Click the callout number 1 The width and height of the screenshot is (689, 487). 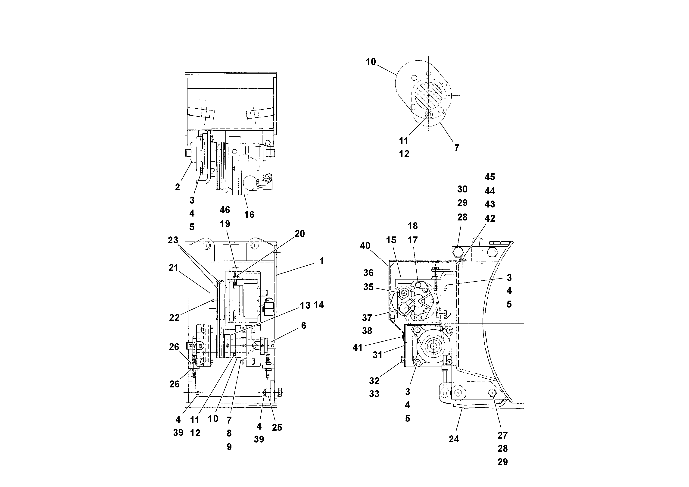pyautogui.click(x=321, y=261)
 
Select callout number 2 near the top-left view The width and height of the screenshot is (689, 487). pyautogui.click(x=177, y=187)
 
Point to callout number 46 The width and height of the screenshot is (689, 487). pyautogui.click(x=225, y=210)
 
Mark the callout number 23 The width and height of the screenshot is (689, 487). pyautogui.click(x=173, y=240)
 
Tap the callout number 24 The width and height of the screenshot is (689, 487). pyautogui.click(x=454, y=439)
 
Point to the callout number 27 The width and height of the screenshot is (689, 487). pyautogui.click(x=502, y=435)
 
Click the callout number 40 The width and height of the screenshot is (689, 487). pyautogui.click(x=365, y=246)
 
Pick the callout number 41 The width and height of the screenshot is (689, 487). pyautogui.click(x=357, y=347)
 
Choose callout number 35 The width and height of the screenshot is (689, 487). pyautogui.click(x=368, y=287)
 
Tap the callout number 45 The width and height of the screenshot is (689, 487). pyautogui.click(x=490, y=177)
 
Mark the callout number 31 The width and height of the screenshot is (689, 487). pyautogui.click(x=377, y=355)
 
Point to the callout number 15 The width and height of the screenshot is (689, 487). pyautogui.click(x=391, y=240)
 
